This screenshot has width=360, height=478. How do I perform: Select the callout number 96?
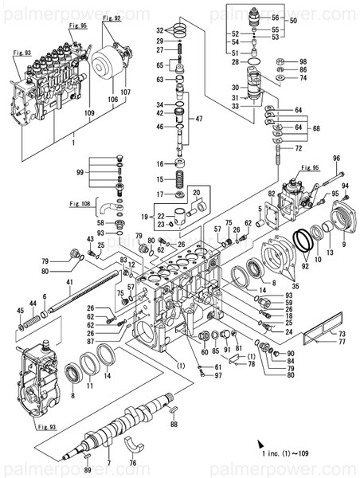pos(335,159)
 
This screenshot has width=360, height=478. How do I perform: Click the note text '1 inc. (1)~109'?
pos(301,453)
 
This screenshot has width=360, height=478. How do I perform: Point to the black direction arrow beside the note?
pos(260,441)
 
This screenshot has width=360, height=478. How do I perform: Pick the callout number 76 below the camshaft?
pos(132,463)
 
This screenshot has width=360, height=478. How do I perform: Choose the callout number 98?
pos(303,61)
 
